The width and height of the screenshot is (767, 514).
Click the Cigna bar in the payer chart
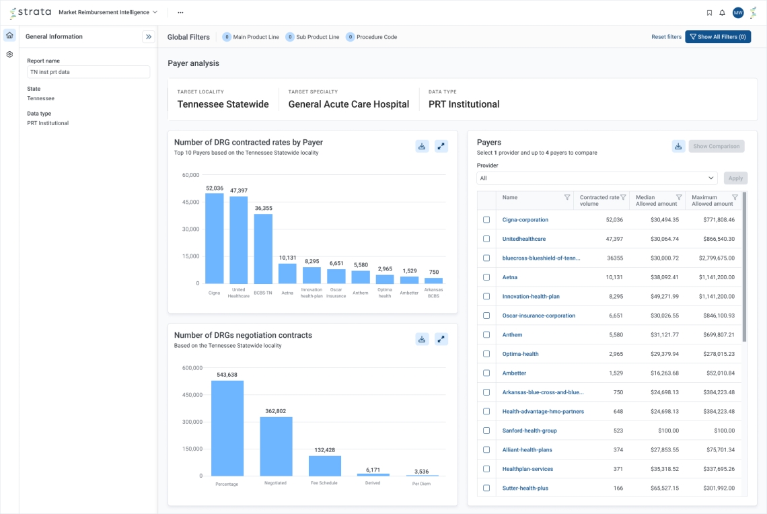[214, 238]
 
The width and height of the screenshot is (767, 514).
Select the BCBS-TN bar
[263, 248]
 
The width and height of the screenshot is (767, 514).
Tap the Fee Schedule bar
[325, 466]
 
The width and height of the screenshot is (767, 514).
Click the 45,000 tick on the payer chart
[191, 202]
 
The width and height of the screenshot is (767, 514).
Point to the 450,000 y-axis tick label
[192, 395]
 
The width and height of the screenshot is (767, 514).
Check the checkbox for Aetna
[486, 277]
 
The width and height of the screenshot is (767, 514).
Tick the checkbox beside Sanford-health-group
[486, 431]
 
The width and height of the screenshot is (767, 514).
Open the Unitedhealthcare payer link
[524, 239]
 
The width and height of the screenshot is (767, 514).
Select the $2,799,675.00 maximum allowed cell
[713, 258]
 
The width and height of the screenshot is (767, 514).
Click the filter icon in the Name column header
[567, 197]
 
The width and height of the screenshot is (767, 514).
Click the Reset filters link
[666, 37]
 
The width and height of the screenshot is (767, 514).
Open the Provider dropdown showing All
[597, 178]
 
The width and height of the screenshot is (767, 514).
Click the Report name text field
[88, 72]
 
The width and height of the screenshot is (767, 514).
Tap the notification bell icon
[722, 13]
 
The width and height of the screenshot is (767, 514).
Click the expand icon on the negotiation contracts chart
[441, 339]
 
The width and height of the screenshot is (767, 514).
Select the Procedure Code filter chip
[371, 37]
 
